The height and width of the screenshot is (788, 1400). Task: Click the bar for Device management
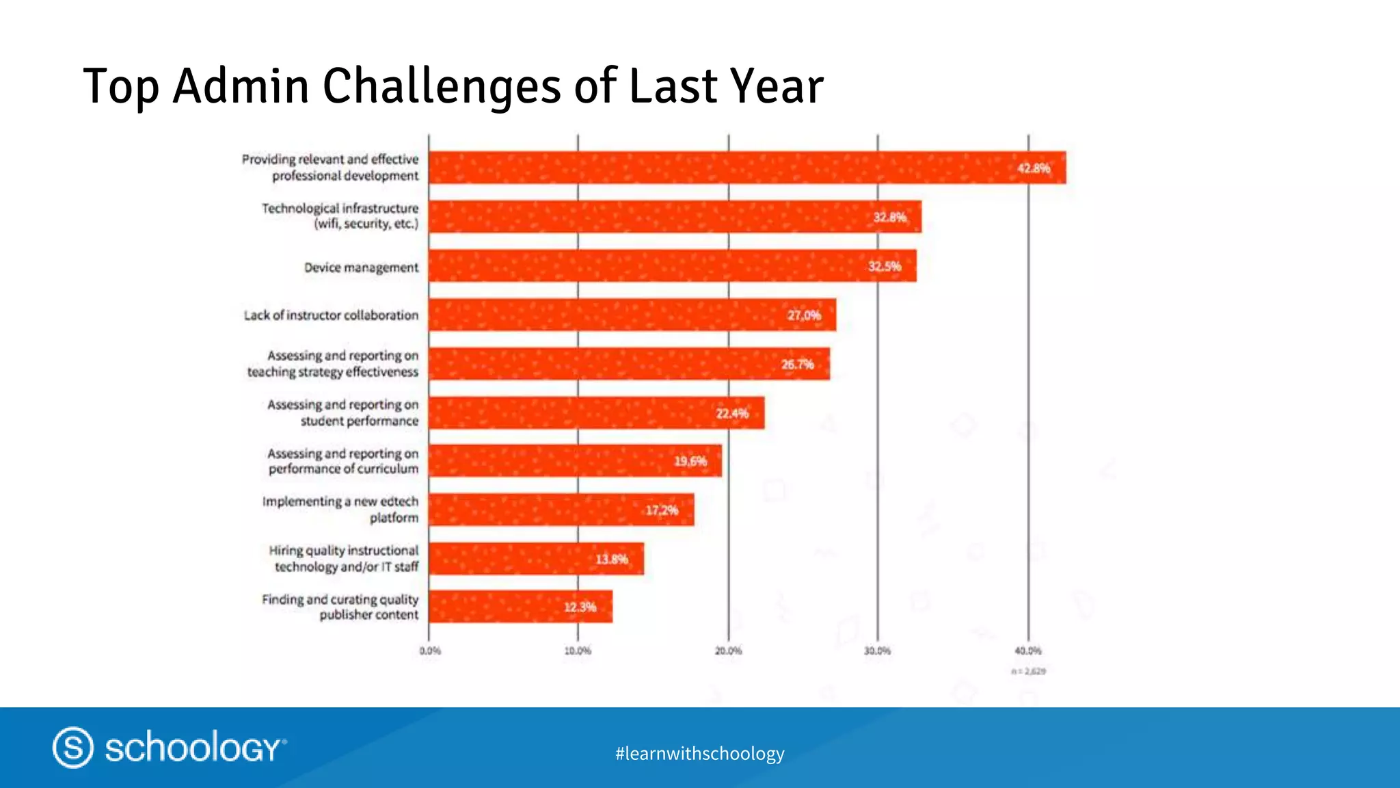[x=673, y=266]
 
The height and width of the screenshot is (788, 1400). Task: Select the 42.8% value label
[x=1033, y=168]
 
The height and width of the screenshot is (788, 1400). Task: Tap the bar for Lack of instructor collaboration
[x=632, y=315]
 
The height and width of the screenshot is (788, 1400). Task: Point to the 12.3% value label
[x=580, y=607]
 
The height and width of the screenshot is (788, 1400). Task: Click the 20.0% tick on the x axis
[x=728, y=651]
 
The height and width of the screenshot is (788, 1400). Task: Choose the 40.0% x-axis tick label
[x=1028, y=651]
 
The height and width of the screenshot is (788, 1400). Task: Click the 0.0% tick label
[x=430, y=651]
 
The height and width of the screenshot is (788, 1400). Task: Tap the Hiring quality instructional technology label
[x=343, y=559]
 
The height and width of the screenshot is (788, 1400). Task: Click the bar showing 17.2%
[x=561, y=510]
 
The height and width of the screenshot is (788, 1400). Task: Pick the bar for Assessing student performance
[x=596, y=413]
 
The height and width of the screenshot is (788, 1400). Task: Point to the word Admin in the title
[x=241, y=86]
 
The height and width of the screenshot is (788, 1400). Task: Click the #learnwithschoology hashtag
[x=699, y=754]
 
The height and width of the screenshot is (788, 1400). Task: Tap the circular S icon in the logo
[x=73, y=747]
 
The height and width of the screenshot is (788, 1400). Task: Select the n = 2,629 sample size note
[x=1028, y=672]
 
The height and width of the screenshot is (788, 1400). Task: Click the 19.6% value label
[x=690, y=462]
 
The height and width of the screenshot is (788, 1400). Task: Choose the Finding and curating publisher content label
[x=340, y=607]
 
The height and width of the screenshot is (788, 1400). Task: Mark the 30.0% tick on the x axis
[x=878, y=651]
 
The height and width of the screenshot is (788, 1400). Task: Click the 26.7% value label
[x=797, y=365]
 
